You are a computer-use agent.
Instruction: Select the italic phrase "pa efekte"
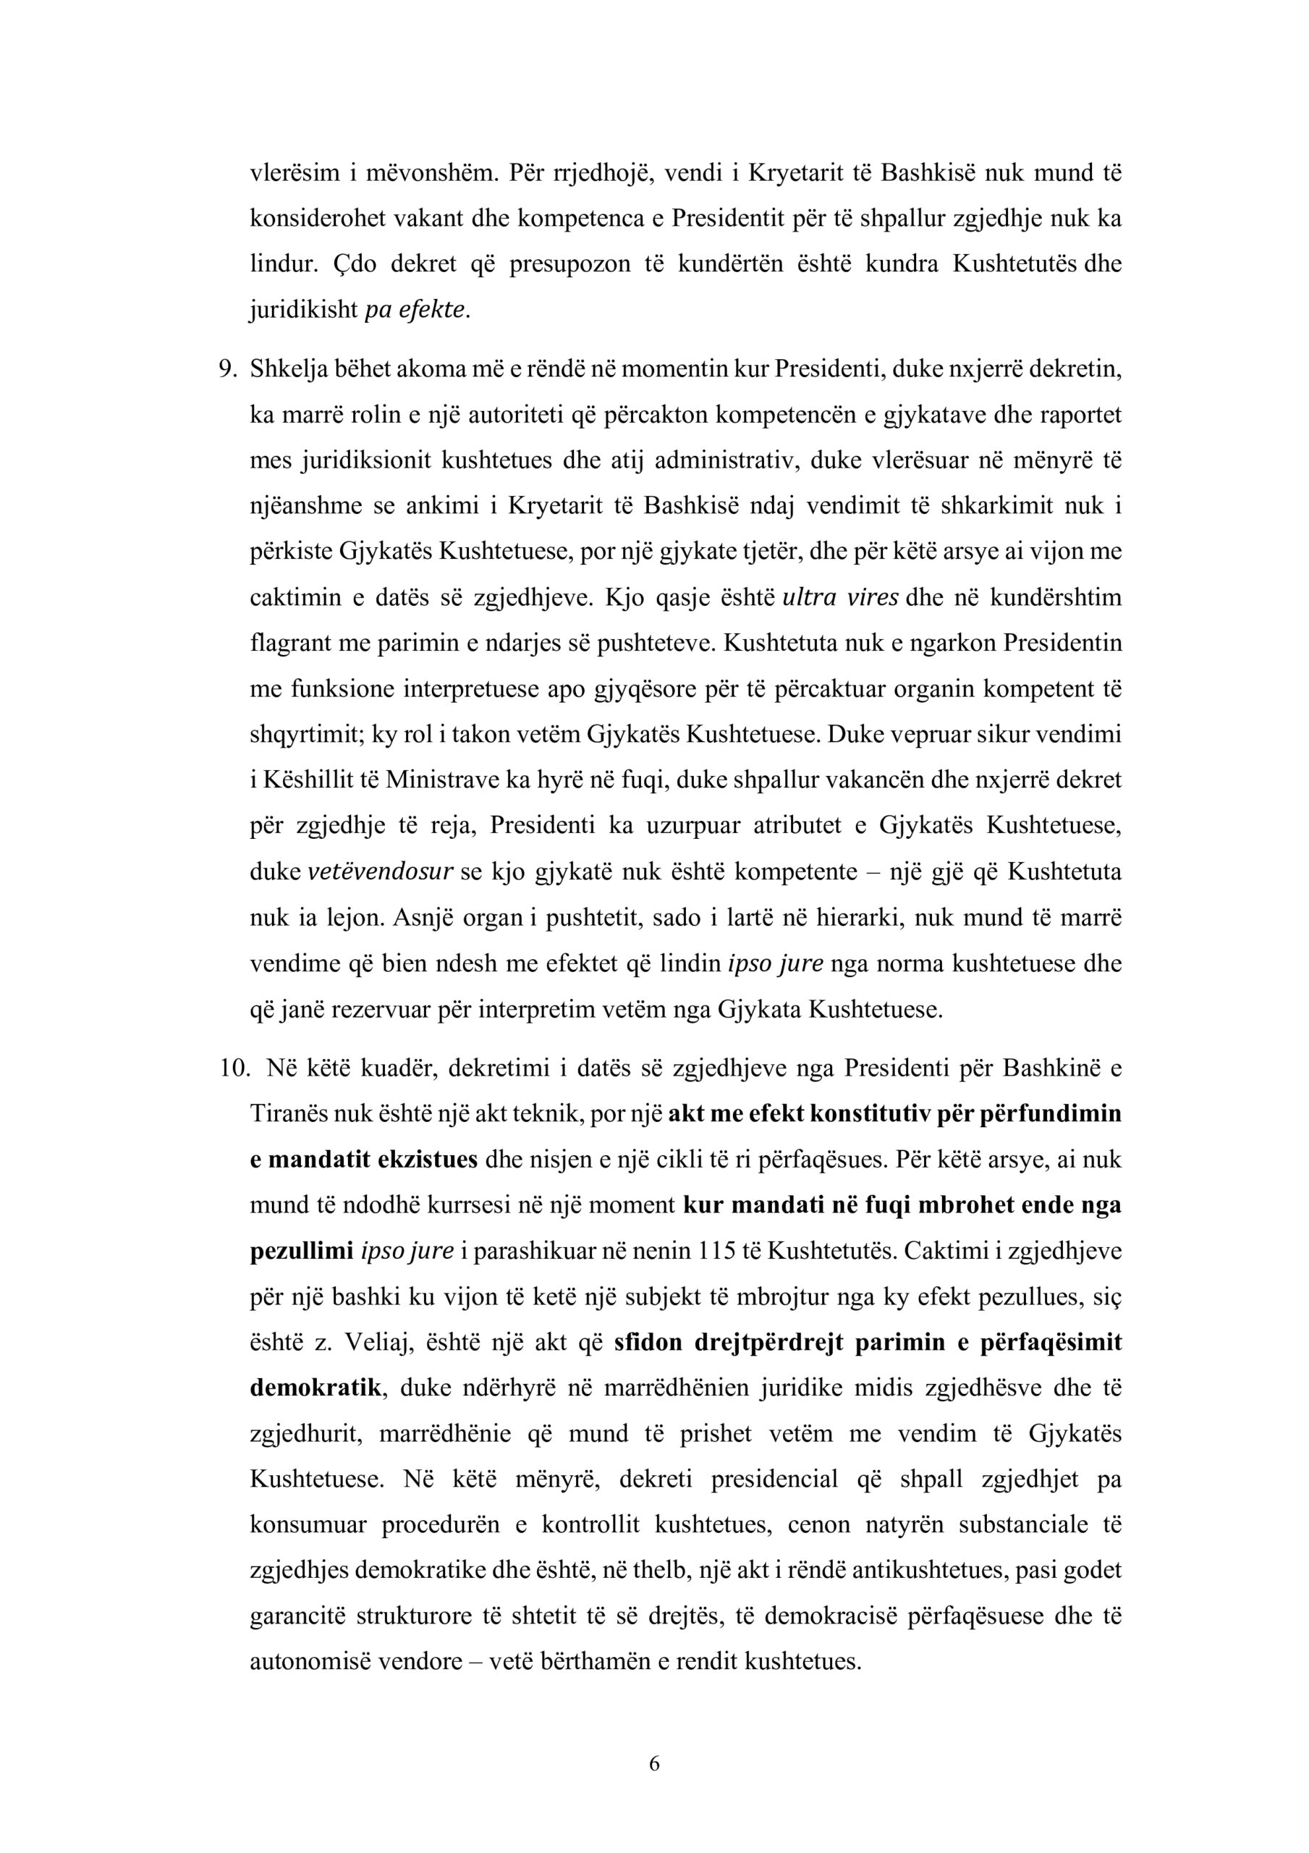[x=415, y=311]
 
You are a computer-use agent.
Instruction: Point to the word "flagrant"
[x=284, y=644]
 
